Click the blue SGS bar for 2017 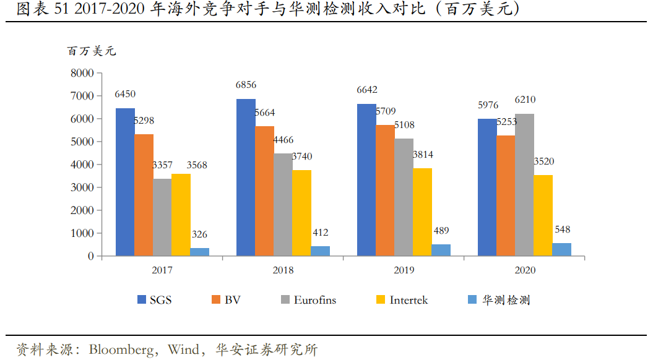point(125,182)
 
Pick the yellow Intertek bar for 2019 point(422,212)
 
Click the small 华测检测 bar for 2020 point(561,249)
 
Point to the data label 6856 point(246,85)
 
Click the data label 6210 point(525,100)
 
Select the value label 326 point(199,234)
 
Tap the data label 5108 point(404,125)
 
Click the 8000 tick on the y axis point(82,73)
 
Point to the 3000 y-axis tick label point(82,187)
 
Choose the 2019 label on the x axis point(404,270)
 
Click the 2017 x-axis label point(162,270)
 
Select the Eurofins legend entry point(314,300)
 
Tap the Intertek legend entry point(409,300)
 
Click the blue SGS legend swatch point(141,300)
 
